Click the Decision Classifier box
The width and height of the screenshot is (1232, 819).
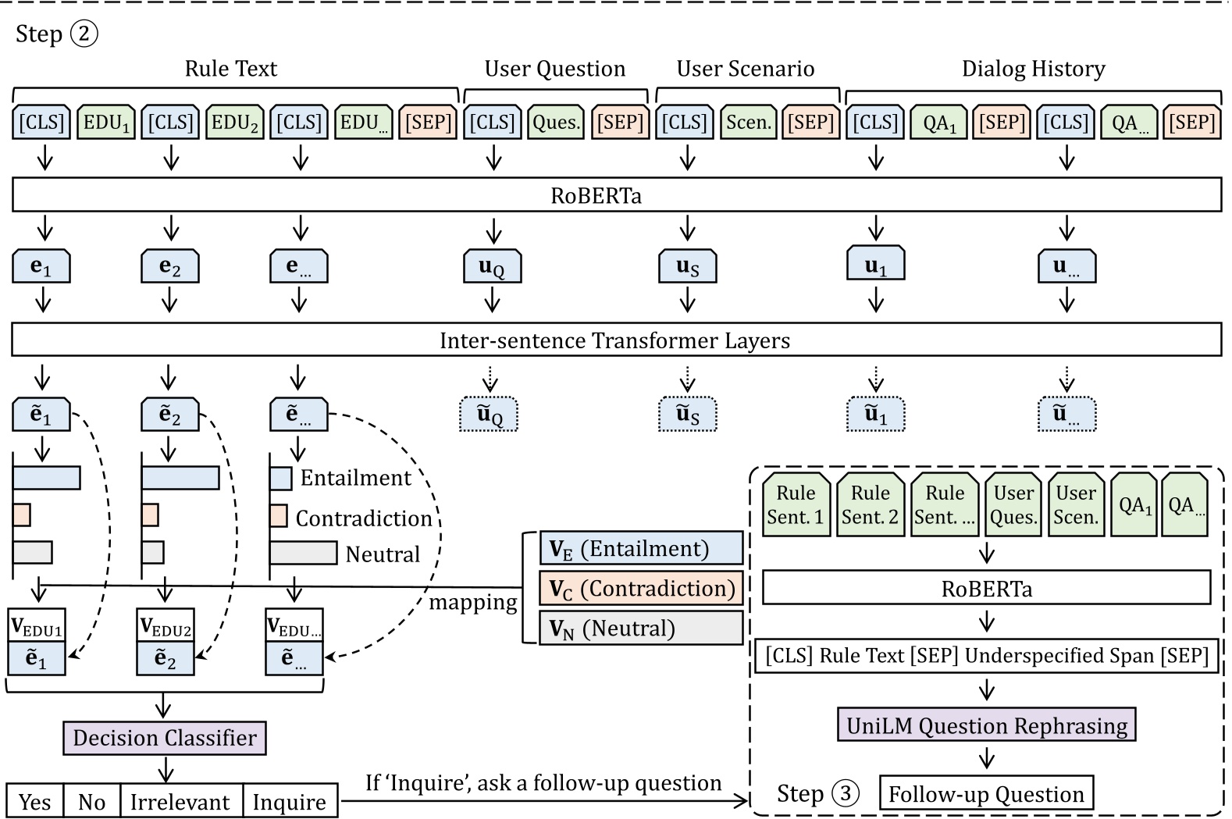164,738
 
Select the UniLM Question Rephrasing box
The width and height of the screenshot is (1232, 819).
986,725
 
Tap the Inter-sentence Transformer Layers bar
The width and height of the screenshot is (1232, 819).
616,340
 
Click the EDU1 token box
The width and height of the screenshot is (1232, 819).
106,123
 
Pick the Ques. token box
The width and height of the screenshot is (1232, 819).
555,123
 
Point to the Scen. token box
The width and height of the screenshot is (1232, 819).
748,123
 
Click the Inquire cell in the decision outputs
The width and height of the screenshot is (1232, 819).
290,802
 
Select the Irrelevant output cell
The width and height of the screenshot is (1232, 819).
180,802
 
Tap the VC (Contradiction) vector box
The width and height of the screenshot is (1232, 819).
641,589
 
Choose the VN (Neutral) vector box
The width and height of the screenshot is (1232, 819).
641,628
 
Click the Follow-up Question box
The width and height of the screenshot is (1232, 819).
986,794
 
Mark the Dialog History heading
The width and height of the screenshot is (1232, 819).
1033,69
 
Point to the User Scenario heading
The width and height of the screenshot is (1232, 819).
745,69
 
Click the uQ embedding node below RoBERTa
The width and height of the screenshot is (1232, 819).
491,267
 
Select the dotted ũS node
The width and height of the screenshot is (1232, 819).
687,414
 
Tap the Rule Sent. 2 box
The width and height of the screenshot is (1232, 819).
870,505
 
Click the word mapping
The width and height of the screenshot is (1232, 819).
473,603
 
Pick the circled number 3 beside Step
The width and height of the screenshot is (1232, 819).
845,793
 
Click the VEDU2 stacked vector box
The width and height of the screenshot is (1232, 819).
165,642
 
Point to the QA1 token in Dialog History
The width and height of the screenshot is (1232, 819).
938,123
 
